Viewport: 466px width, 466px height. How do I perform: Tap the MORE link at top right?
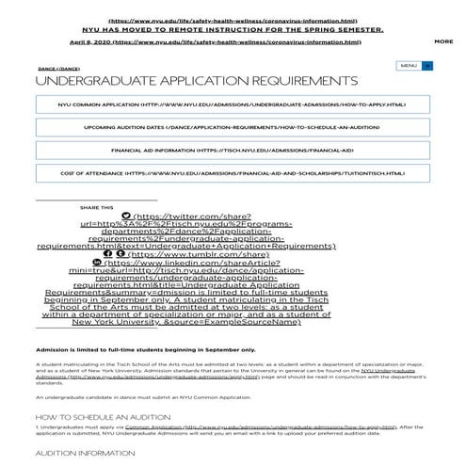click(443, 41)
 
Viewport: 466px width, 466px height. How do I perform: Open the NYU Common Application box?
click(232, 104)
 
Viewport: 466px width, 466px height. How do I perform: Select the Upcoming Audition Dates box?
click(232, 127)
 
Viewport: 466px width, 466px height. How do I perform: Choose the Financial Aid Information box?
click(232, 150)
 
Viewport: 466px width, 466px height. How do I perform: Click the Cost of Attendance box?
click(232, 173)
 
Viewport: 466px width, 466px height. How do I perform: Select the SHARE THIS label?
click(96, 207)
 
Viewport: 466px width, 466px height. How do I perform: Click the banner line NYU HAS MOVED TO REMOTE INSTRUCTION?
click(232, 29)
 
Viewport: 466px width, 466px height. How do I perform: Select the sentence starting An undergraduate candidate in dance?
click(142, 398)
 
